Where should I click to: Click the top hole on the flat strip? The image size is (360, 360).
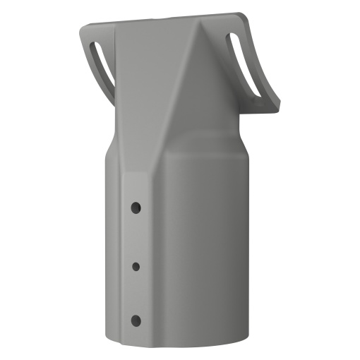click(x=136, y=208)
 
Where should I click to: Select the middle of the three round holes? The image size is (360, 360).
click(x=136, y=265)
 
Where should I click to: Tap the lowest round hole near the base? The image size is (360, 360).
click(x=136, y=321)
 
